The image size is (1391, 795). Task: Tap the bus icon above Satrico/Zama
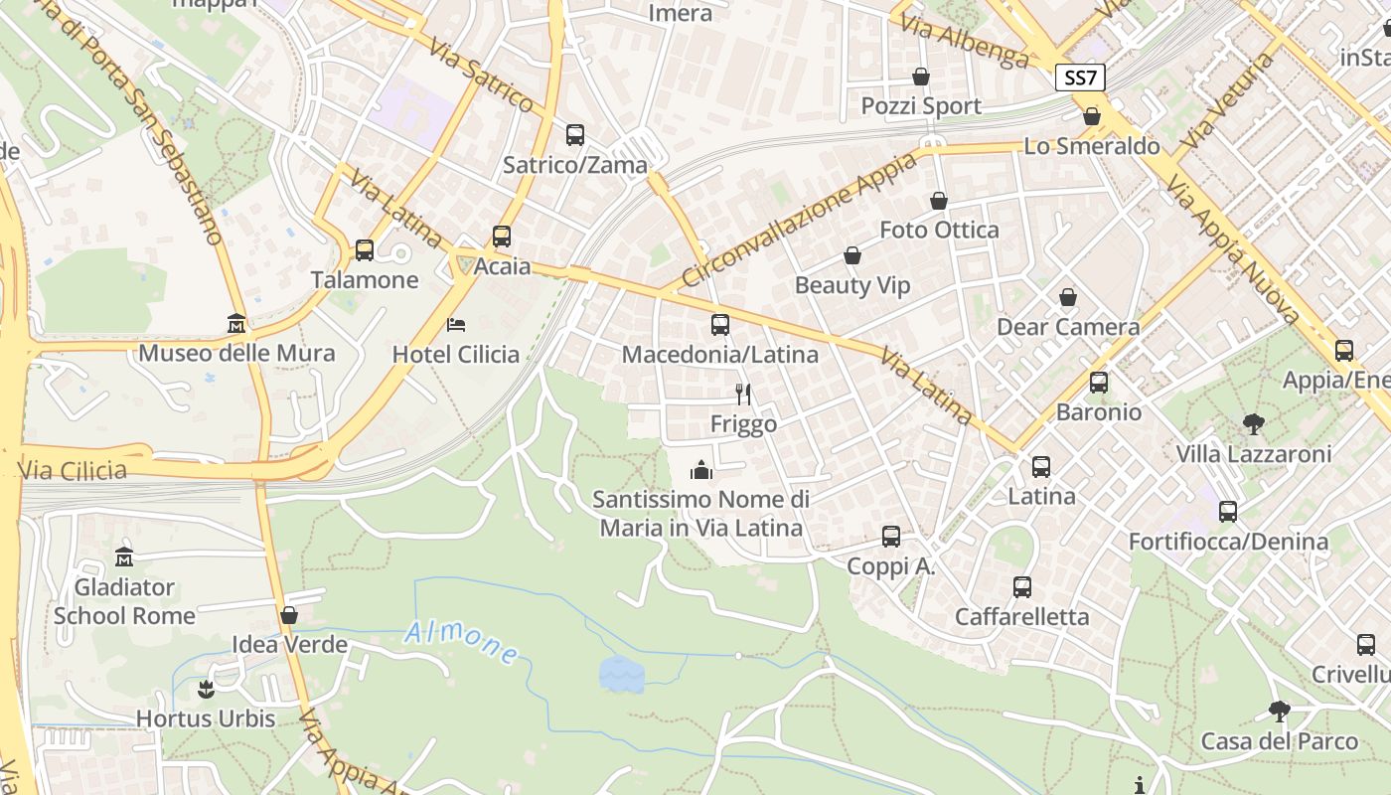[x=574, y=135]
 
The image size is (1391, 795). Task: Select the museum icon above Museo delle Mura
[x=236, y=323]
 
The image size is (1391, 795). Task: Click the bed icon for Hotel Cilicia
[x=456, y=325]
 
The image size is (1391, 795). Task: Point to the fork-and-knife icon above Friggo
[x=742, y=395]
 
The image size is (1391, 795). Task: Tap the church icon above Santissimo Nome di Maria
[x=702, y=469]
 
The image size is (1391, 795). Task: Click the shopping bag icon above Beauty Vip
[x=851, y=256]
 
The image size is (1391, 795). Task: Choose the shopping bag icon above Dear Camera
[x=1067, y=297]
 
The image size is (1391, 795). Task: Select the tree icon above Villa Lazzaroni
[x=1254, y=424]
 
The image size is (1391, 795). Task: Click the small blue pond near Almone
[x=622, y=675]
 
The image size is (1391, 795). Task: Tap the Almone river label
[x=461, y=643]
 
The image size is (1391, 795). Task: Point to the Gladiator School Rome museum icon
[x=124, y=556]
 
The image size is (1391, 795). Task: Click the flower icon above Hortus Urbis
[x=206, y=688]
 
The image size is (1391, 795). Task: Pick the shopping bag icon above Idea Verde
[x=289, y=615]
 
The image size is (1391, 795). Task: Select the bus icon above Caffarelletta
[x=1021, y=587]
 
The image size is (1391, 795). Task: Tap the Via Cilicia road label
[x=73, y=470]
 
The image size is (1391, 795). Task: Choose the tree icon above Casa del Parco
[x=1279, y=712]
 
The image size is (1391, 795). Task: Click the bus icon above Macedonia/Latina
[x=720, y=325]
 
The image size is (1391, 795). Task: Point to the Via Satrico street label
[x=481, y=75]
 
